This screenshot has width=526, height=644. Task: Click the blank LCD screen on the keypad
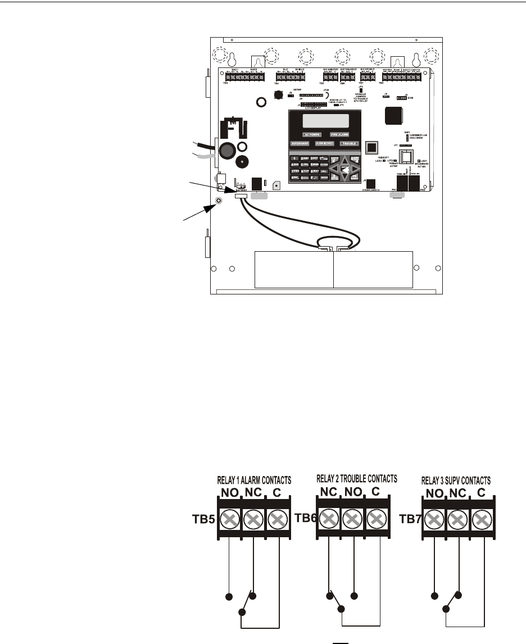pyautogui.click(x=325, y=121)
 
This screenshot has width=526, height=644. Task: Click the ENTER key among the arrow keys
pyautogui.click(x=344, y=167)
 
